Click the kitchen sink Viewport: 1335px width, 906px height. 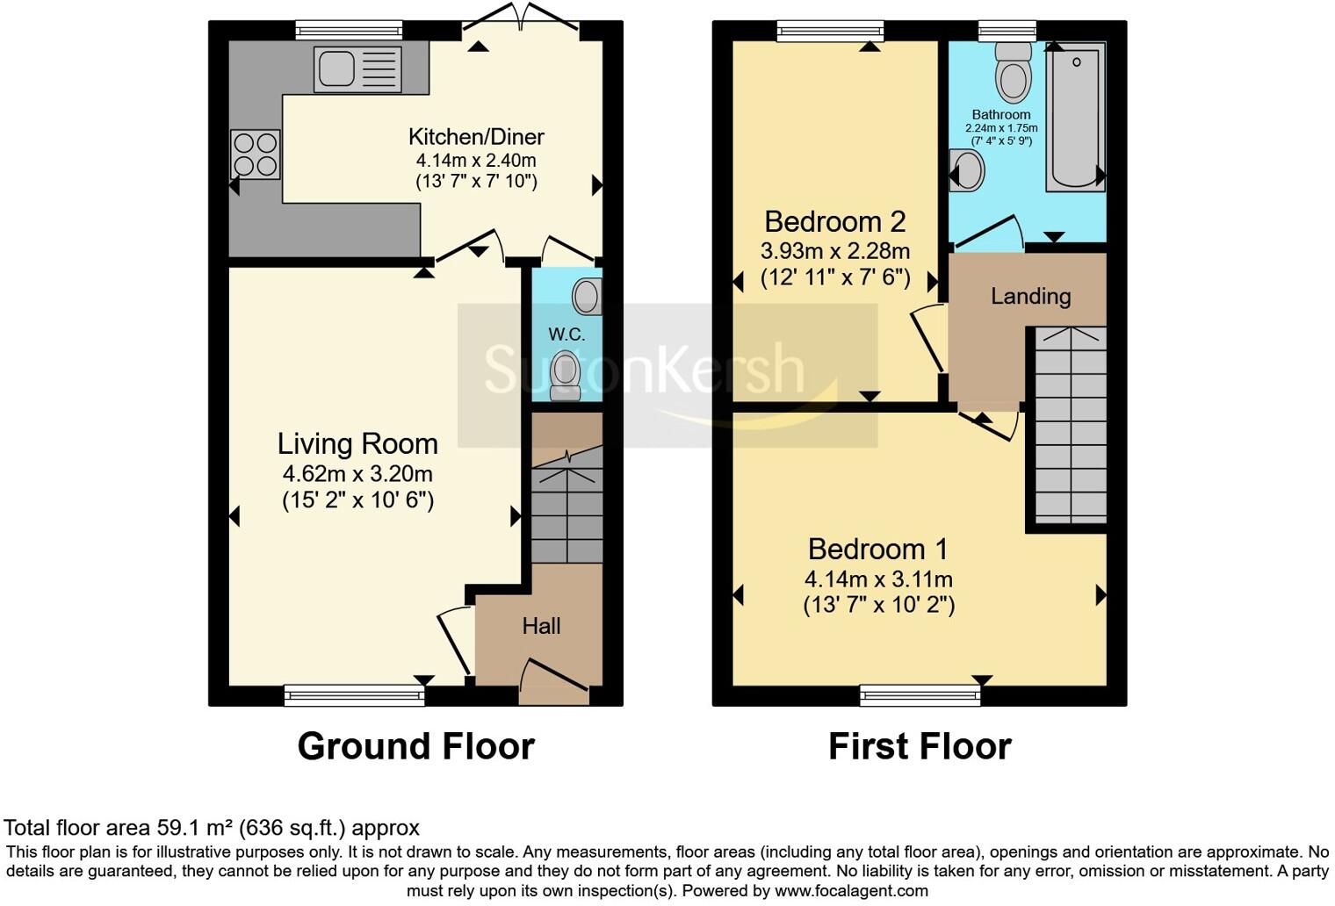[357, 69]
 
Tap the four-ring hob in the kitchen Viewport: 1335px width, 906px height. [256, 155]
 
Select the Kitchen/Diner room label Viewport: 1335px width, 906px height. [476, 137]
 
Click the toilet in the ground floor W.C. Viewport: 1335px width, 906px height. [566, 374]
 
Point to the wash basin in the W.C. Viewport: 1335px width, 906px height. [587, 297]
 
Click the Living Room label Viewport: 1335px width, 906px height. [357, 444]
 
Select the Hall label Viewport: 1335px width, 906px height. [541, 626]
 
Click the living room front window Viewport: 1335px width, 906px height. [354, 696]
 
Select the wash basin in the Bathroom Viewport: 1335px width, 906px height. [968, 169]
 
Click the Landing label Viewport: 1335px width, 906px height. [1030, 297]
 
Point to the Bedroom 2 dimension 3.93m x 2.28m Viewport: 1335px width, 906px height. [834, 251]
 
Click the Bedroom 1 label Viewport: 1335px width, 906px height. [877, 550]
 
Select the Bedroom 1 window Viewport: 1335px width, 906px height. [920, 696]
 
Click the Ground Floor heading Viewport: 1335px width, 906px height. [415, 747]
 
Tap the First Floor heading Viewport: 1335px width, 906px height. [920, 747]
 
